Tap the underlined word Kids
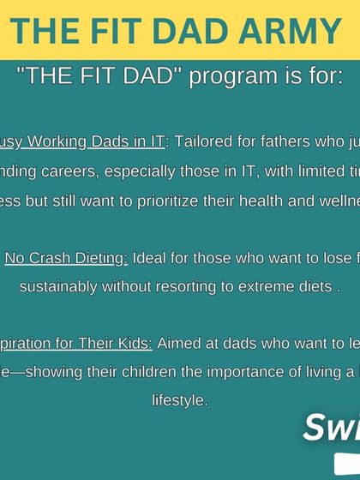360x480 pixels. point(135,343)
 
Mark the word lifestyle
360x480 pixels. point(180,399)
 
